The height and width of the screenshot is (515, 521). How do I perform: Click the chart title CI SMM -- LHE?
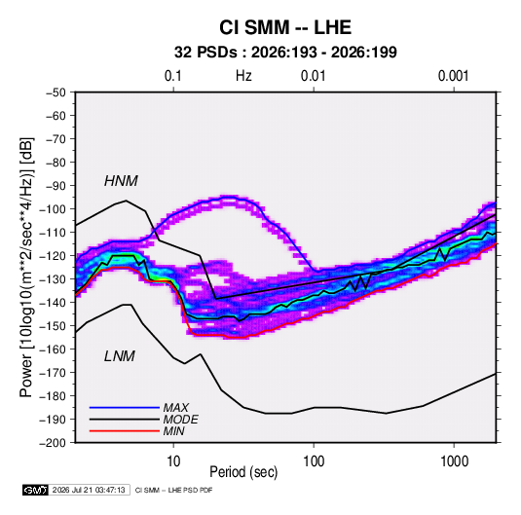(x=285, y=27)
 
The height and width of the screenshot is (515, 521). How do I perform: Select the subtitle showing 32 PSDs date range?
(x=285, y=53)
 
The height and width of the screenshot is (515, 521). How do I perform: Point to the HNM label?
(x=121, y=181)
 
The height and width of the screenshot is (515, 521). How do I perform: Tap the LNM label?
(x=120, y=356)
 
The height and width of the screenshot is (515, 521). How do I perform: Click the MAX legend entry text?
(x=175, y=407)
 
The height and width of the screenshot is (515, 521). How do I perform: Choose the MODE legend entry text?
(x=180, y=420)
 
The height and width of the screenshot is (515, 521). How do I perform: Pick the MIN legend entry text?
(x=173, y=431)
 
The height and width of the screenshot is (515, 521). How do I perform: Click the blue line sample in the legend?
(x=125, y=408)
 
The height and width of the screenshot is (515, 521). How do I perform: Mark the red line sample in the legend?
(x=125, y=431)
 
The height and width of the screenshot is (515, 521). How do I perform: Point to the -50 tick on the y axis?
(x=56, y=92)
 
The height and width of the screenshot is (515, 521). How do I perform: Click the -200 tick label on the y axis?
(x=53, y=443)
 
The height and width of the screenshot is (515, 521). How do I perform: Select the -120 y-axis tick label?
(x=53, y=256)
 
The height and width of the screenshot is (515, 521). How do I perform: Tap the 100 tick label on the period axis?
(x=314, y=461)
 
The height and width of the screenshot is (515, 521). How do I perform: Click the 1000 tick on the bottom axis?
(x=454, y=461)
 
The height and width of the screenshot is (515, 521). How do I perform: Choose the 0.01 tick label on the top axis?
(x=313, y=76)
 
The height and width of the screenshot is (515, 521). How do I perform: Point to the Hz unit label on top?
(x=243, y=76)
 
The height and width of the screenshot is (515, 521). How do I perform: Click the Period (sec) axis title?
(x=243, y=472)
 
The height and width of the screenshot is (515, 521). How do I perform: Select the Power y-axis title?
(x=26, y=268)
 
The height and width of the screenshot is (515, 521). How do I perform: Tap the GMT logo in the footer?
(x=35, y=490)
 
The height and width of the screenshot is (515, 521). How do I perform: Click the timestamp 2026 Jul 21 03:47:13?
(x=89, y=490)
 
